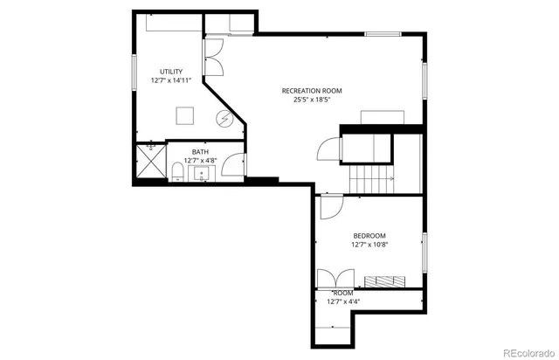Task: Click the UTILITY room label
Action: [171, 71]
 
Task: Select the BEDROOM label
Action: [369, 236]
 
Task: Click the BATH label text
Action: [200, 152]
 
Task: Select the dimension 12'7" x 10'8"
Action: [369, 245]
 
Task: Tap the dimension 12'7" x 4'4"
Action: [343, 301]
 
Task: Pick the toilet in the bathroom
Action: [176, 170]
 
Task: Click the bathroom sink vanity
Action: [202, 171]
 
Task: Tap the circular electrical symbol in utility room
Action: [224, 118]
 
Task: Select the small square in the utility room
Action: [185, 115]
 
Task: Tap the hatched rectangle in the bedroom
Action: [384, 280]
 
